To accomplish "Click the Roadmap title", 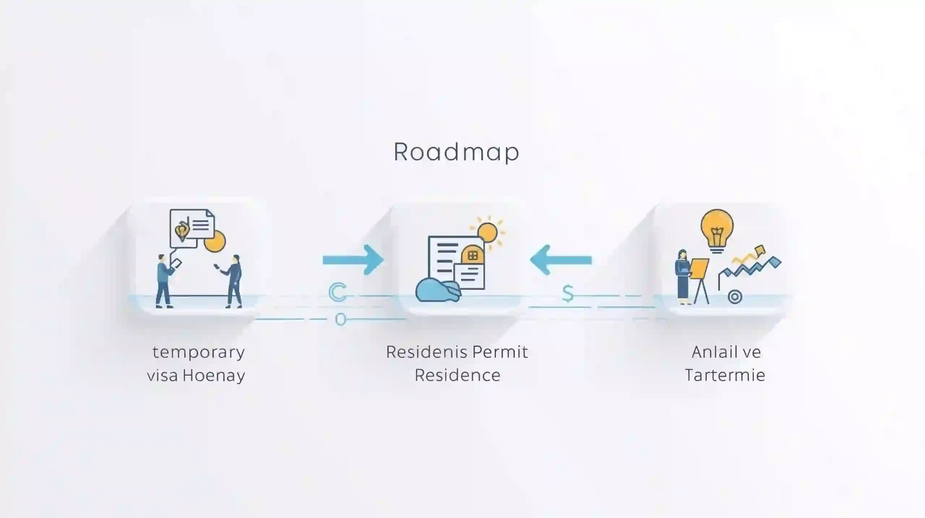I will click(456, 152).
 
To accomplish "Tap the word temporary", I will click(198, 353).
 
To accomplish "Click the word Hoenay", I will click(213, 376).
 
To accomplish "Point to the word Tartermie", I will click(725, 376).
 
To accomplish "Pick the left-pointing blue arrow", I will click(561, 259).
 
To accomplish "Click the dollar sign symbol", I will click(568, 293).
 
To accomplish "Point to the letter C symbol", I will click(337, 293).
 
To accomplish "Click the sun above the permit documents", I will click(488, 232).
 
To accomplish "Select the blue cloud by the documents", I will click(438, 290).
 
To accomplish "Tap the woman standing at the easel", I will click(682, 275).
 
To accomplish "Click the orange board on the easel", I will click(699, 268).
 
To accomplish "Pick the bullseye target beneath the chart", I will click(735, 296).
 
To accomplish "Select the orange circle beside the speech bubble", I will click(215, 241).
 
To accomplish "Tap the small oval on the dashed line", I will click(340, 319).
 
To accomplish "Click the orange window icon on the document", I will click(473, 256).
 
